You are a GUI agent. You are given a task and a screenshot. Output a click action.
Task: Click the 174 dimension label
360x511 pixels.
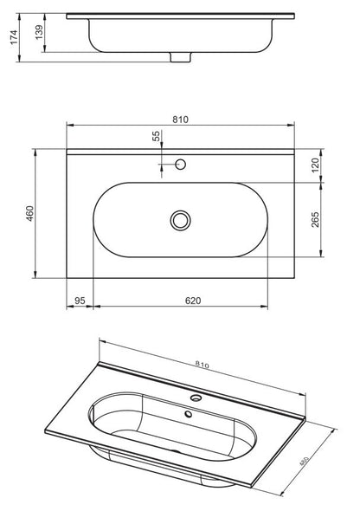click(13, 37)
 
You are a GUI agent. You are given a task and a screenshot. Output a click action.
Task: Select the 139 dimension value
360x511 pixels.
click(39, 32)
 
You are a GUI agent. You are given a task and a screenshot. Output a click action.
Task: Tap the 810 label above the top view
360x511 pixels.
click(180, 120)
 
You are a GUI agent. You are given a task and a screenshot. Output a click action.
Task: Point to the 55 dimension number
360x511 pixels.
click(157, 136)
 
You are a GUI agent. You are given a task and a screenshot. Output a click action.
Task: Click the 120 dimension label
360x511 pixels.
click(315, 165)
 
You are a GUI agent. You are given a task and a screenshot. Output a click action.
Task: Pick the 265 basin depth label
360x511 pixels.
click(315, 220)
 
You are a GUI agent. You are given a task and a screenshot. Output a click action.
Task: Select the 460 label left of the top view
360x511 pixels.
click(30, 213)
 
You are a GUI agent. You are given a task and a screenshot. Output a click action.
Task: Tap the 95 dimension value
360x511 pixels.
click(80, 301)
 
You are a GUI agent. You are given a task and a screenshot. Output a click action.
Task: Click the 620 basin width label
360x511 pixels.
click(193, 301)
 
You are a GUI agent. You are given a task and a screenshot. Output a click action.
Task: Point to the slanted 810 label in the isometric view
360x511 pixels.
click(202, 365)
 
